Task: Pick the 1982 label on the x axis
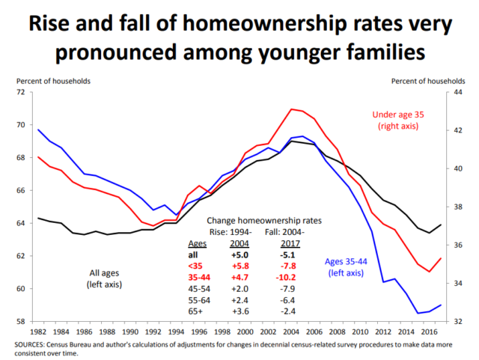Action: click(x=37, y=331)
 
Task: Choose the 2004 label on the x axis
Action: click(x=291, y=331)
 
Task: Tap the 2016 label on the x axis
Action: click(x=429, y=331)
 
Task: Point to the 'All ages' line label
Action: click(x=104, y=273)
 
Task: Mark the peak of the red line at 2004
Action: click(x=291, y=109)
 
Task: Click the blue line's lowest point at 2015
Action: click(x=418, y=313)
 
